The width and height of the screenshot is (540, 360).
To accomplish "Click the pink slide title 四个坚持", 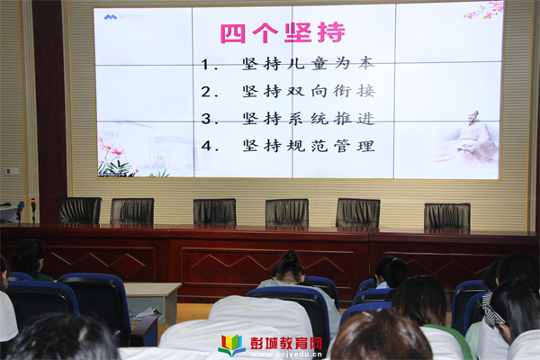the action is point(283,32).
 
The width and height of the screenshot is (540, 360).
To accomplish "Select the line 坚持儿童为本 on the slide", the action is point(308,64).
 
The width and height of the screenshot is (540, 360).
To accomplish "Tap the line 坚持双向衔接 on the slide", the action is point(308,91).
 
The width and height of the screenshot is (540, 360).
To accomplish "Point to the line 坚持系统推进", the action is point(308,119).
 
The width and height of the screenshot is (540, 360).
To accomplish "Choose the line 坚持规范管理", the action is point(308,146).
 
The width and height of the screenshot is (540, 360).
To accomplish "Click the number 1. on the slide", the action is point(210,65).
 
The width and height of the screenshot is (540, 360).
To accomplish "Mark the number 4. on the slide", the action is point(210,146).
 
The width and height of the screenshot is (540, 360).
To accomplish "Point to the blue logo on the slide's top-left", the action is point(111,17).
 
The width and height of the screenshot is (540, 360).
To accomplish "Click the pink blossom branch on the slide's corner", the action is point(484,10).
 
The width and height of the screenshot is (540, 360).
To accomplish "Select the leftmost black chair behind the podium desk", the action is point(81,210).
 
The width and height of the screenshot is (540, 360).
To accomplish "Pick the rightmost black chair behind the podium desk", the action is point(447,216).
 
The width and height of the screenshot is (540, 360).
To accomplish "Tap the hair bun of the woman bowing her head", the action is point(291,257).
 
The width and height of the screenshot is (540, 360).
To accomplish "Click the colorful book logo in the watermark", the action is point(232,346).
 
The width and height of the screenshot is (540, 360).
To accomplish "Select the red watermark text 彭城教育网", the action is point(286,343).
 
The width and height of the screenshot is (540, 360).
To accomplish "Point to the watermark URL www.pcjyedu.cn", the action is point(286,355).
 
